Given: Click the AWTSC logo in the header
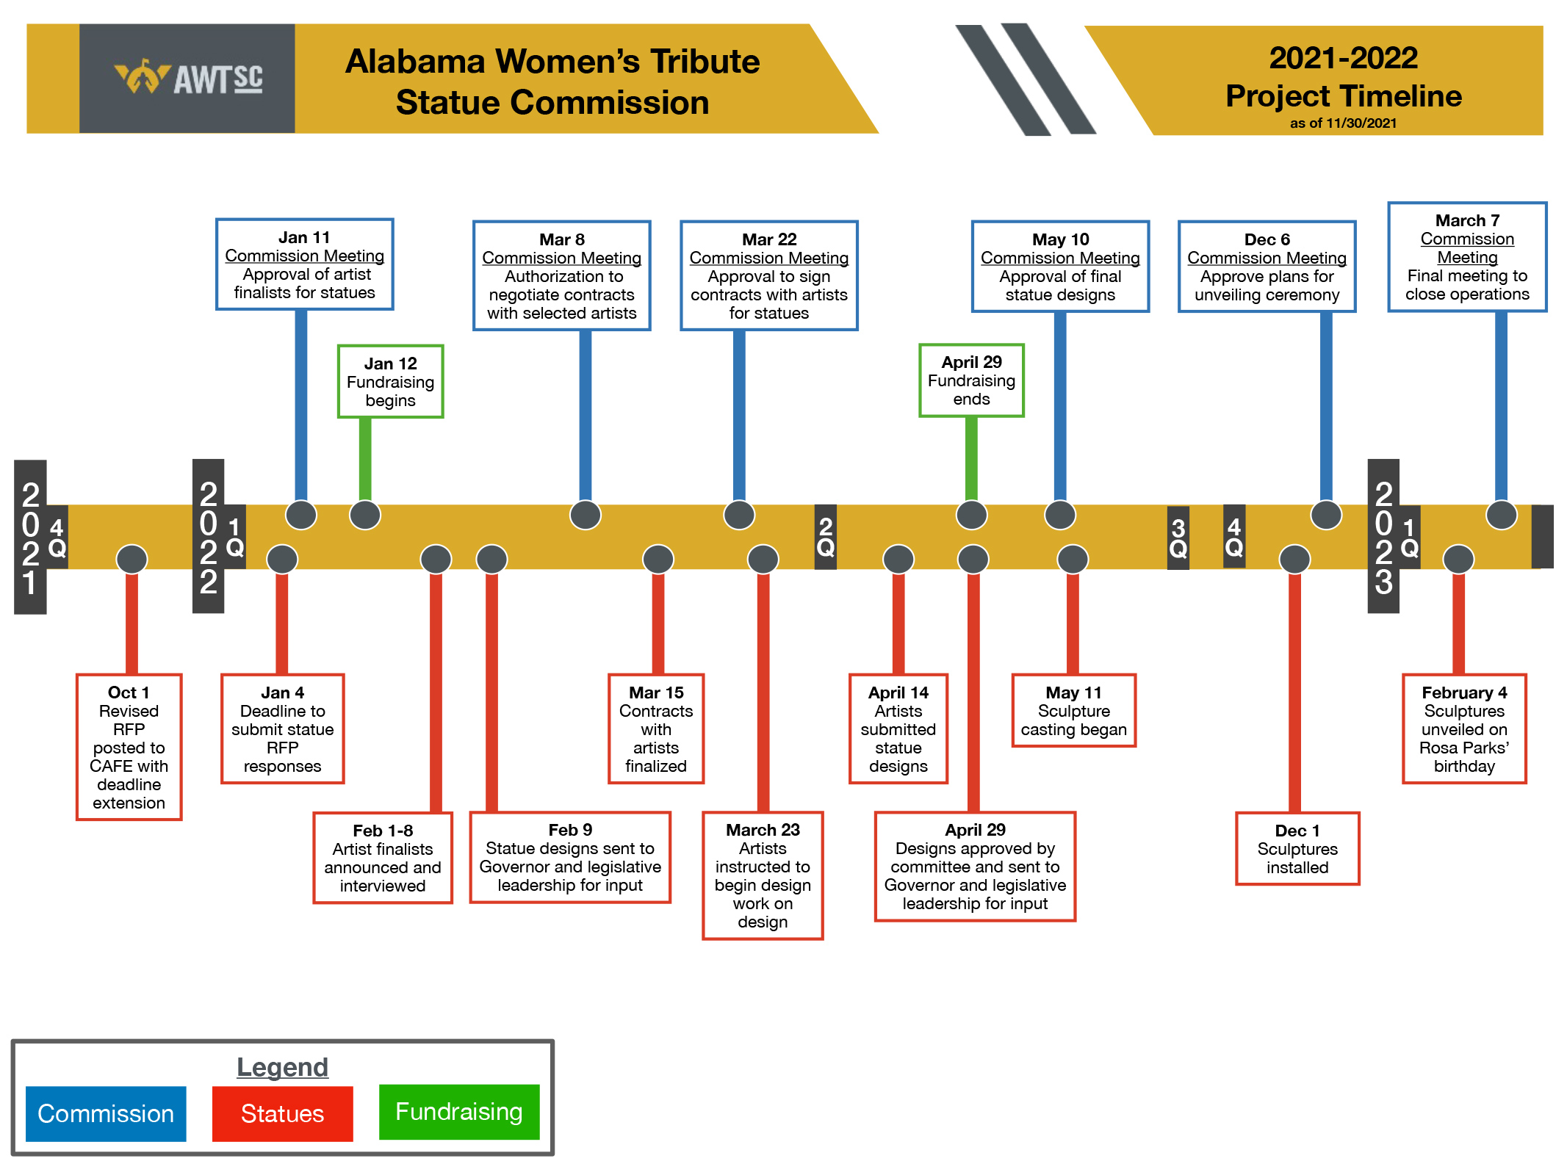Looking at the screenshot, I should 188,79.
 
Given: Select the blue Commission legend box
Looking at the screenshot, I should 106,1113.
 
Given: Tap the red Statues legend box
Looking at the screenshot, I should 282,1113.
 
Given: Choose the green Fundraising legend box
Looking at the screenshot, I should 459,1112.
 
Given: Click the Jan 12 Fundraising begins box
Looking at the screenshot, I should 390,382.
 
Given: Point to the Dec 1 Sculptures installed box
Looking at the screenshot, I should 1297,849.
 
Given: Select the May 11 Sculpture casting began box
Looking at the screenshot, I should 1073,711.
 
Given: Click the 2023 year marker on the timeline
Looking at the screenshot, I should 1383,537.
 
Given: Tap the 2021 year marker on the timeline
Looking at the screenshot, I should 30,537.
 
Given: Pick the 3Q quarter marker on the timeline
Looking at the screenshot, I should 1178,538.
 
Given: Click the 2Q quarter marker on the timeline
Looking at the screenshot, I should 826,537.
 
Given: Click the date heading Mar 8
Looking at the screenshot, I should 562,239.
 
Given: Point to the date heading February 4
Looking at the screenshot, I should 1464,693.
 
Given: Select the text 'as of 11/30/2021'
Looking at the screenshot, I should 1343,123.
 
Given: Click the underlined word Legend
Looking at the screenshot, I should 282,1067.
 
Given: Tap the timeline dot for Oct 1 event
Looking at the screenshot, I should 132,560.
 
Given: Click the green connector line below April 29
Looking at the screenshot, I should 971,459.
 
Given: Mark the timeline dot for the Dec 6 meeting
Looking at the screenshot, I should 1326,515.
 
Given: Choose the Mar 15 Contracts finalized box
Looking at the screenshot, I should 656,729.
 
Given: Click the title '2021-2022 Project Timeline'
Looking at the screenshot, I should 1343,77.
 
